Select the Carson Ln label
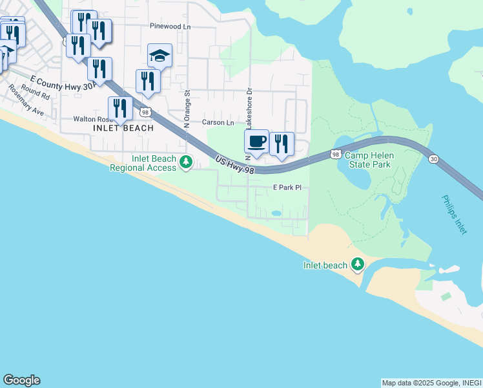pyautogui.click(x=218, y=122)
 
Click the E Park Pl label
pyautogui.click(x=287, y=188)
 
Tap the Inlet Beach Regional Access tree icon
pyautogui.click(x=186, y=162)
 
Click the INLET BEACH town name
pyautogui.click(x=123, y=128)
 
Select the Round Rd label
pyautogui.click(x=36, y=91)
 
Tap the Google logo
pyautogui.click(x=21, y=380)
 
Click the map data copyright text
pyautogui.click(x=431, y=383)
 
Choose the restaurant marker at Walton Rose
pyautogui.click(x=120, y=109)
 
